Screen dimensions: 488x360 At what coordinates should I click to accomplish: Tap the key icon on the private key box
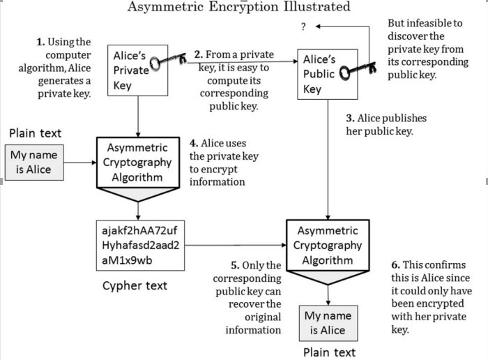pos(168,61)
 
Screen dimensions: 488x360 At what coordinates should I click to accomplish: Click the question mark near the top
pos(303,27)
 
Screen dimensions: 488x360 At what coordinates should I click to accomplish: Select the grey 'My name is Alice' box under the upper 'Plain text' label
pos(34,163)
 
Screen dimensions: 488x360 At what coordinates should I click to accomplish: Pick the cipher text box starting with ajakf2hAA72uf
pos(140,246)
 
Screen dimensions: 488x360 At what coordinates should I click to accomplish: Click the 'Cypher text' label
pos(135,285)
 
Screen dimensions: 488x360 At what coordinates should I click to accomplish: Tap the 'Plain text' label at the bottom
pos(329,352)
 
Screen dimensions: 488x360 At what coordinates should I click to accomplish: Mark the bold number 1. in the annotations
pos(40,42)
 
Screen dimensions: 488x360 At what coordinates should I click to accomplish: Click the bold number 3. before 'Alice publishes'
pos(351,119)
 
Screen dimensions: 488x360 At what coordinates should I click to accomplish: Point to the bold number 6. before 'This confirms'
pos(395,265)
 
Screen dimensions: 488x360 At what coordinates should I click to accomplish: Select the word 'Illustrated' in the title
pos(317,7)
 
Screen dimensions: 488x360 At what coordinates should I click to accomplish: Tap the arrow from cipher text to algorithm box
pos(236,245)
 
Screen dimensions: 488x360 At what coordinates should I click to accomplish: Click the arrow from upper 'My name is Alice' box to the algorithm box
pos(80,163)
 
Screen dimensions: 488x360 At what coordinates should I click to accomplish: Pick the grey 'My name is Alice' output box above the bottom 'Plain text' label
pos(328,323)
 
